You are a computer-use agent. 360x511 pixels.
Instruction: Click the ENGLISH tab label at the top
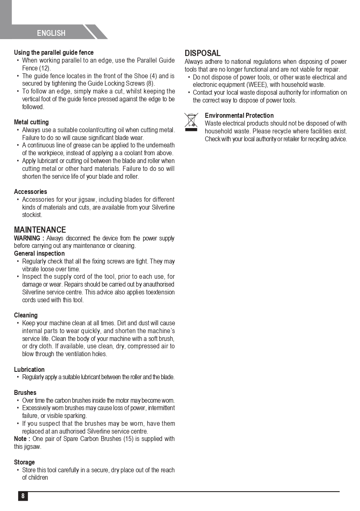pos(51,33)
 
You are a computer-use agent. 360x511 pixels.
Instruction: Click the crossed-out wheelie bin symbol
pos(191,121)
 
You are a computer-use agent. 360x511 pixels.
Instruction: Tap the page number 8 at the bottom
pos(23,496)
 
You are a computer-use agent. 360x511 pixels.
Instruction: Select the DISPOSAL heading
pos(202,53)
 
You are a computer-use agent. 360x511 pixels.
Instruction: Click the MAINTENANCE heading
pos(40,230)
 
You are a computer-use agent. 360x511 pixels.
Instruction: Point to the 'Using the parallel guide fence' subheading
pos(53,53)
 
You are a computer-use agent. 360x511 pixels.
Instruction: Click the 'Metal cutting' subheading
pos(31,122)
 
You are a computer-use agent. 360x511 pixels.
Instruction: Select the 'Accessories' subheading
pos(30,192)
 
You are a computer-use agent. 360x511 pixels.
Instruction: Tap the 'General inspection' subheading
pos(39,254)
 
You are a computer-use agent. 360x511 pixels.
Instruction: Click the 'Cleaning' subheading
pos(26,315)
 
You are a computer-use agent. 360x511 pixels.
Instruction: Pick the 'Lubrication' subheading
pos(29,370)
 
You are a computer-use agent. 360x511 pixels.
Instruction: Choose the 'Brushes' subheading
pos(25,393)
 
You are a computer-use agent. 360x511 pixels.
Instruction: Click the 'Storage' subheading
pos(24,462)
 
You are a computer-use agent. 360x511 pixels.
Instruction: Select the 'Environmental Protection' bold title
pos(239,116)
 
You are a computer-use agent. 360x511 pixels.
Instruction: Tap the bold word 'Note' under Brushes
pos(21,439)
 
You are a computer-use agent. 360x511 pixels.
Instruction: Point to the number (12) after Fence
pos(45,68)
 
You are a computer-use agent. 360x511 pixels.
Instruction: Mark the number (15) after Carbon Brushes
pos(128,439)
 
